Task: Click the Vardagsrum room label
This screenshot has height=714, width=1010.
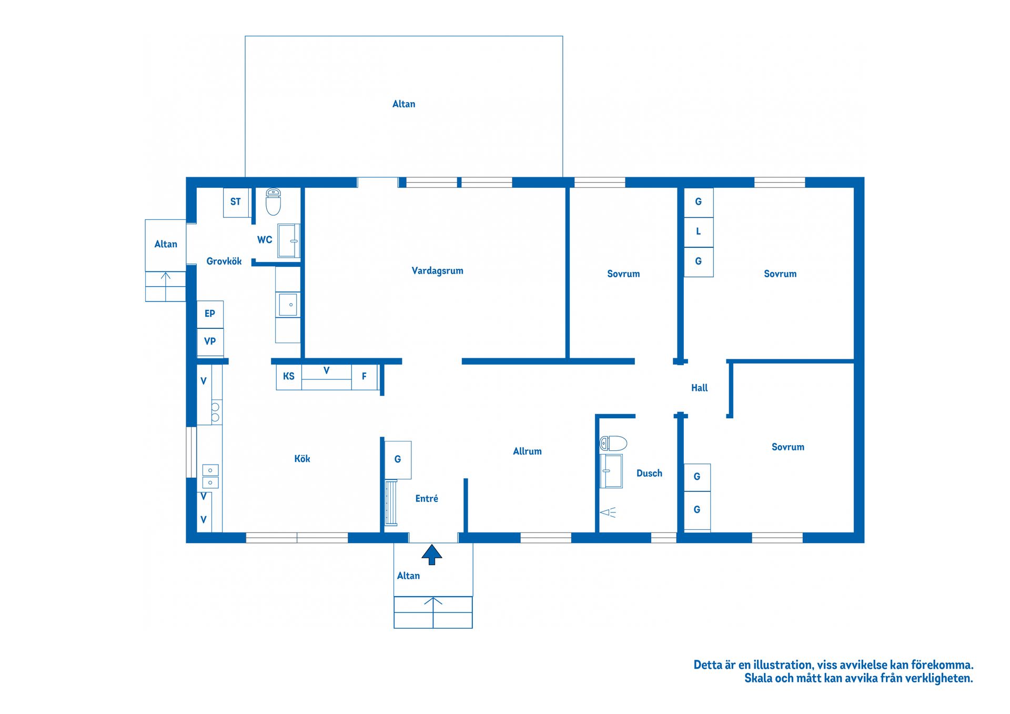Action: pos(437,271)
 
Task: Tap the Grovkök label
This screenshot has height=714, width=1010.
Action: pos(224,261)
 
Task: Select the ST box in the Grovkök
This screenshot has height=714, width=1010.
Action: pos(236,203)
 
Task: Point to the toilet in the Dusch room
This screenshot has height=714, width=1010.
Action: pos(613,443)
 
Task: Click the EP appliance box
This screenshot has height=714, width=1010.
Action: pos(210,314)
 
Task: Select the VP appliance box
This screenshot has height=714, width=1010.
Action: pos(210,342)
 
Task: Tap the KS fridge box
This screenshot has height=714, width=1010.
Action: pos(289,377)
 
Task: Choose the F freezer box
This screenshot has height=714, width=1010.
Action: pos(364,377)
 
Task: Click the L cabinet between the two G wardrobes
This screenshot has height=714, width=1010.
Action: pos(699,232)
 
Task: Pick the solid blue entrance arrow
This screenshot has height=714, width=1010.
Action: pos(432,555)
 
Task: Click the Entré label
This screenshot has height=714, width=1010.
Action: pos(427,498)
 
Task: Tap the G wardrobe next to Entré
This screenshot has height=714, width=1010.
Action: pos(398,460)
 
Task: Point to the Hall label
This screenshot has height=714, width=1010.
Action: pos(699,388)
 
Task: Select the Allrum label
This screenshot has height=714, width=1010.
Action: pos(527,451)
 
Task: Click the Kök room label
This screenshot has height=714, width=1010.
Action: pos(302,459)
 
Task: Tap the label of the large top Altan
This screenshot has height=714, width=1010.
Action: pos(403,104)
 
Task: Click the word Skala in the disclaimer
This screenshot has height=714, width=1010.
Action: pos(758,678)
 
